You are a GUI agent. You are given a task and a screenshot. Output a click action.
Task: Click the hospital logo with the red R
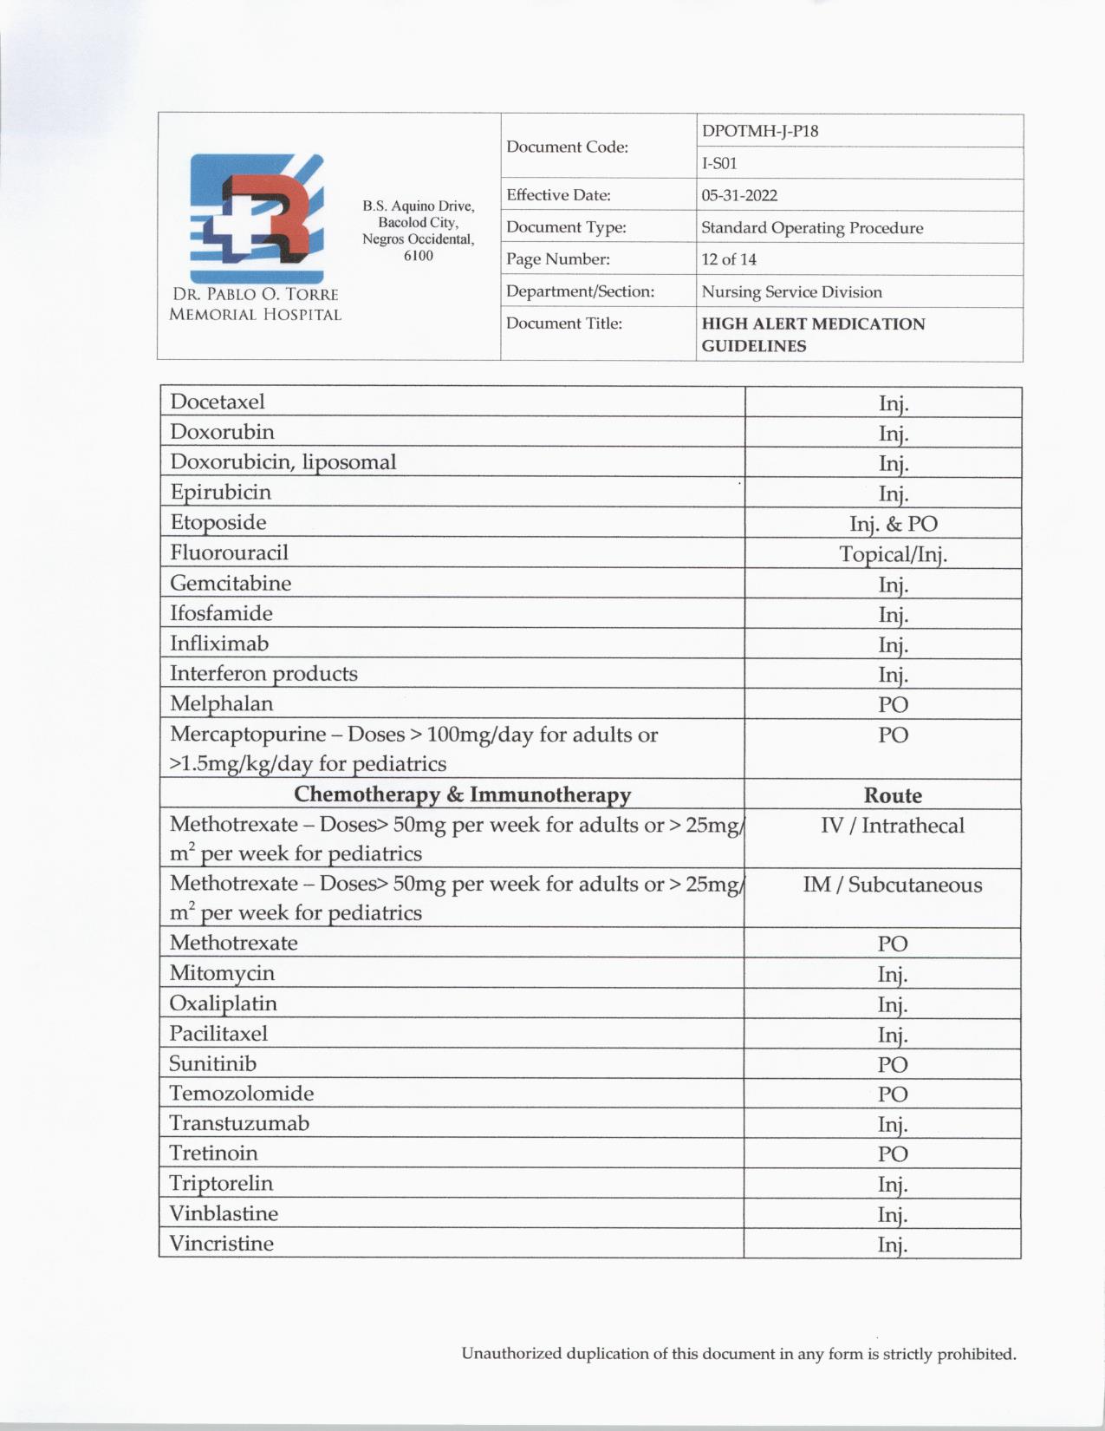257,210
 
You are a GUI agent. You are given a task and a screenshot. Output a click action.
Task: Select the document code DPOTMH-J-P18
759,131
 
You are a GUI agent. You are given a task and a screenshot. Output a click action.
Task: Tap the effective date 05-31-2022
738,195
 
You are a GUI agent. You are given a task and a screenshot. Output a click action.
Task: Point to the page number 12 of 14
729,259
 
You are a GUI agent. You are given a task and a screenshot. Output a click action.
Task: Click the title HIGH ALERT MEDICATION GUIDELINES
812,335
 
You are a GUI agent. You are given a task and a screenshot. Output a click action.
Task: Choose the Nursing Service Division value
791,292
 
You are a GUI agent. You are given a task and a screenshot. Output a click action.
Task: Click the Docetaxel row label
218,402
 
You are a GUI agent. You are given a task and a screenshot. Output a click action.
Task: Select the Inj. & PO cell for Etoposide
893,524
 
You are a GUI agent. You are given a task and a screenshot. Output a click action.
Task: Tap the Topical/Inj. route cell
893,554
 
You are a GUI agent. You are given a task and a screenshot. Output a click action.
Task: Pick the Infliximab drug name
219,644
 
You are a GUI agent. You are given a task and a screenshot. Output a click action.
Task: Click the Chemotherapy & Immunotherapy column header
462,794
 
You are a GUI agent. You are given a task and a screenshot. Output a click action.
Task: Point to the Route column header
893,795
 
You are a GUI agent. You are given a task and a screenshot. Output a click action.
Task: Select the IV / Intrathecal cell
892,826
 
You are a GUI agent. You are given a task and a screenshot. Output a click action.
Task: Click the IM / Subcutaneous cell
892,885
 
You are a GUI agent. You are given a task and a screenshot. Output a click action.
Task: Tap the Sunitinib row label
213,1063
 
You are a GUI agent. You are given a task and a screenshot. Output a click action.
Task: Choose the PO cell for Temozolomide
892,1094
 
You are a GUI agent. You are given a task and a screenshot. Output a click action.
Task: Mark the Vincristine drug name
221,1244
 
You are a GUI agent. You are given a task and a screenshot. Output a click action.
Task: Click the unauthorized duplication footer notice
738,1354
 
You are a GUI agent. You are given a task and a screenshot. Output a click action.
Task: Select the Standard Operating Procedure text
811,228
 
